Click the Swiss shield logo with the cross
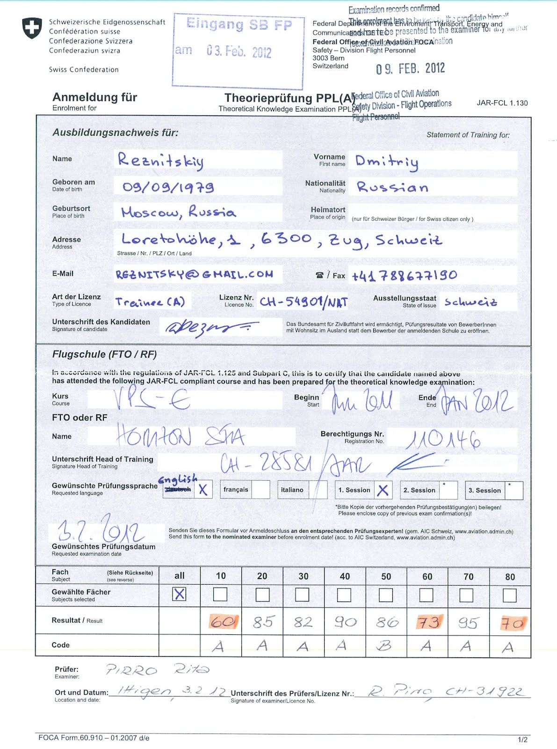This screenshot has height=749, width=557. [x=32, y=28]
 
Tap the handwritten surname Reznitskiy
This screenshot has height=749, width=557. [x=160, y=161]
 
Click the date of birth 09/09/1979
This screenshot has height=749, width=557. [x=168, y=187]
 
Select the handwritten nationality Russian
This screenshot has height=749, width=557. [x=392, y=187]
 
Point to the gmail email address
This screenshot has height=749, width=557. [x=194, y=274]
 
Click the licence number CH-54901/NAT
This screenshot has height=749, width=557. [x=304, y=302]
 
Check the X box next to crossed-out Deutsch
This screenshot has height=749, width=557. [x=203, y=490]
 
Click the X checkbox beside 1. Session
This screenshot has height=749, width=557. [x=383, y=490]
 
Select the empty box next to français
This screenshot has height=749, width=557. [x=261, y=490]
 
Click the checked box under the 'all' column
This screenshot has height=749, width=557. [x=180, y=594]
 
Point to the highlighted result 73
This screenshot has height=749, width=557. [x=428, y=622]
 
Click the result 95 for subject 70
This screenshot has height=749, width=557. [x=468, y=623]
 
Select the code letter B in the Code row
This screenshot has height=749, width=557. [x=384, y=646]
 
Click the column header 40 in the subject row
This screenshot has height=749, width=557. [x=345, y=576]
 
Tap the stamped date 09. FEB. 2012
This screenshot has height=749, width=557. [x=410, y=69]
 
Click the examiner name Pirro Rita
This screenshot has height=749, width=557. [x=157, y=670]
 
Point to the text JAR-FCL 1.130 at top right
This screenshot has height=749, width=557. [x=502, y=103]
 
